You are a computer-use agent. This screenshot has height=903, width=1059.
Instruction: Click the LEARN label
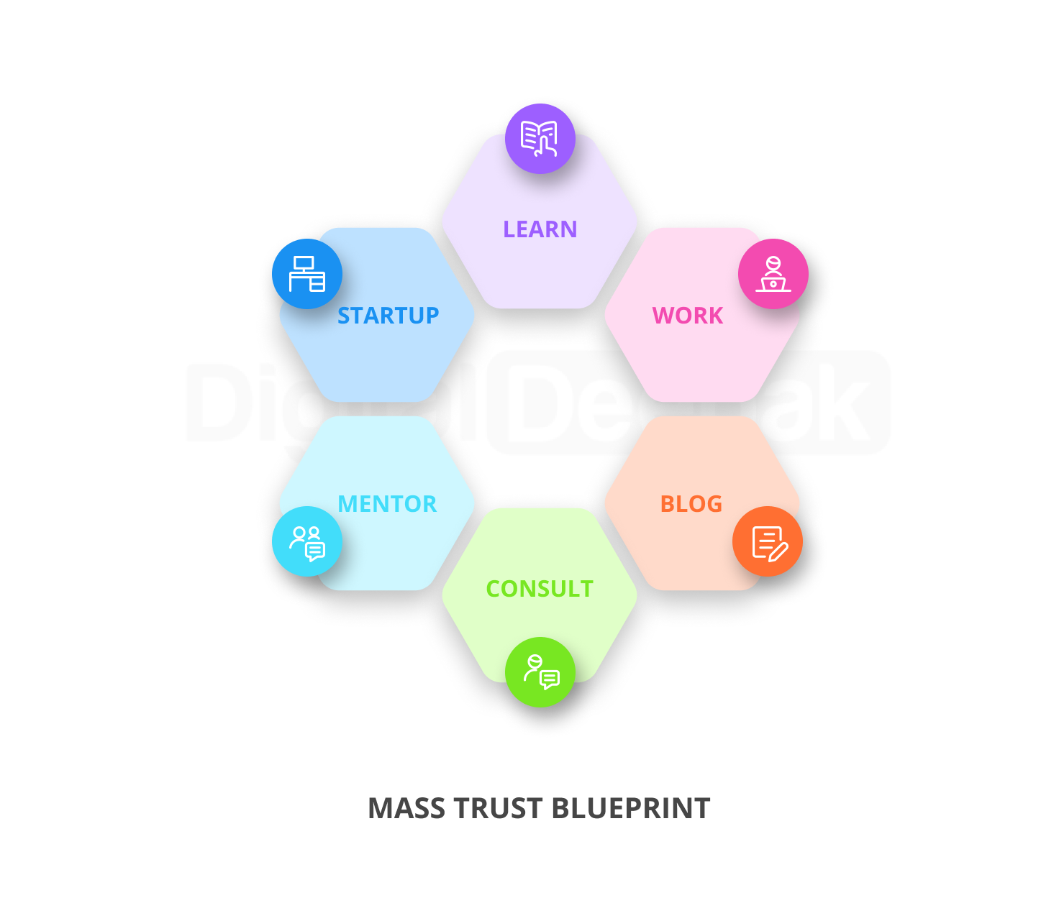tap(540, 229)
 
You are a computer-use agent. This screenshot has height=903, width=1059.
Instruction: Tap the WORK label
tap(688, 316)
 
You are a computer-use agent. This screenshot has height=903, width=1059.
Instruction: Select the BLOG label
tap(691, 504)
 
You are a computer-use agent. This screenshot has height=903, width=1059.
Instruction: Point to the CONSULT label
tap(540, 589)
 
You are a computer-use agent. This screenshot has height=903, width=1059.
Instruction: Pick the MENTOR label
tap(387, 504)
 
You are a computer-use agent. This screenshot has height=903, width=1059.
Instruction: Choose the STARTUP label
tap(388, 316)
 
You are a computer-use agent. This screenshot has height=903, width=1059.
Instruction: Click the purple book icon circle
tap(540, 139)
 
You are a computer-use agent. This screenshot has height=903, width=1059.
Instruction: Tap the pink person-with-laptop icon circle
tap(773, 274)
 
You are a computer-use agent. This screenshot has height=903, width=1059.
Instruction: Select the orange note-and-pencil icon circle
tap(768, 541)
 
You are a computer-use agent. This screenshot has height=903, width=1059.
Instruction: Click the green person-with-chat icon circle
tap(540, 672)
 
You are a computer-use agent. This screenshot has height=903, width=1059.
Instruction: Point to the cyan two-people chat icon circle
tap(307, 541)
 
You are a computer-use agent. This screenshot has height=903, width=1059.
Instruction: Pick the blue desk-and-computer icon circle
tap(307, 274)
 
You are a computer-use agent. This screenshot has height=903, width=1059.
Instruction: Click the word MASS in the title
tap(406, 809)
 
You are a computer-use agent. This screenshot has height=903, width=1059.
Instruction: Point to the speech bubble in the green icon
tap(550, 679)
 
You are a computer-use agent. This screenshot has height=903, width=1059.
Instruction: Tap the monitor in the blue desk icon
tap(304, 264)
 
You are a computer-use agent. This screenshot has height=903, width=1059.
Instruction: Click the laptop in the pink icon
tap(773, 284)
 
